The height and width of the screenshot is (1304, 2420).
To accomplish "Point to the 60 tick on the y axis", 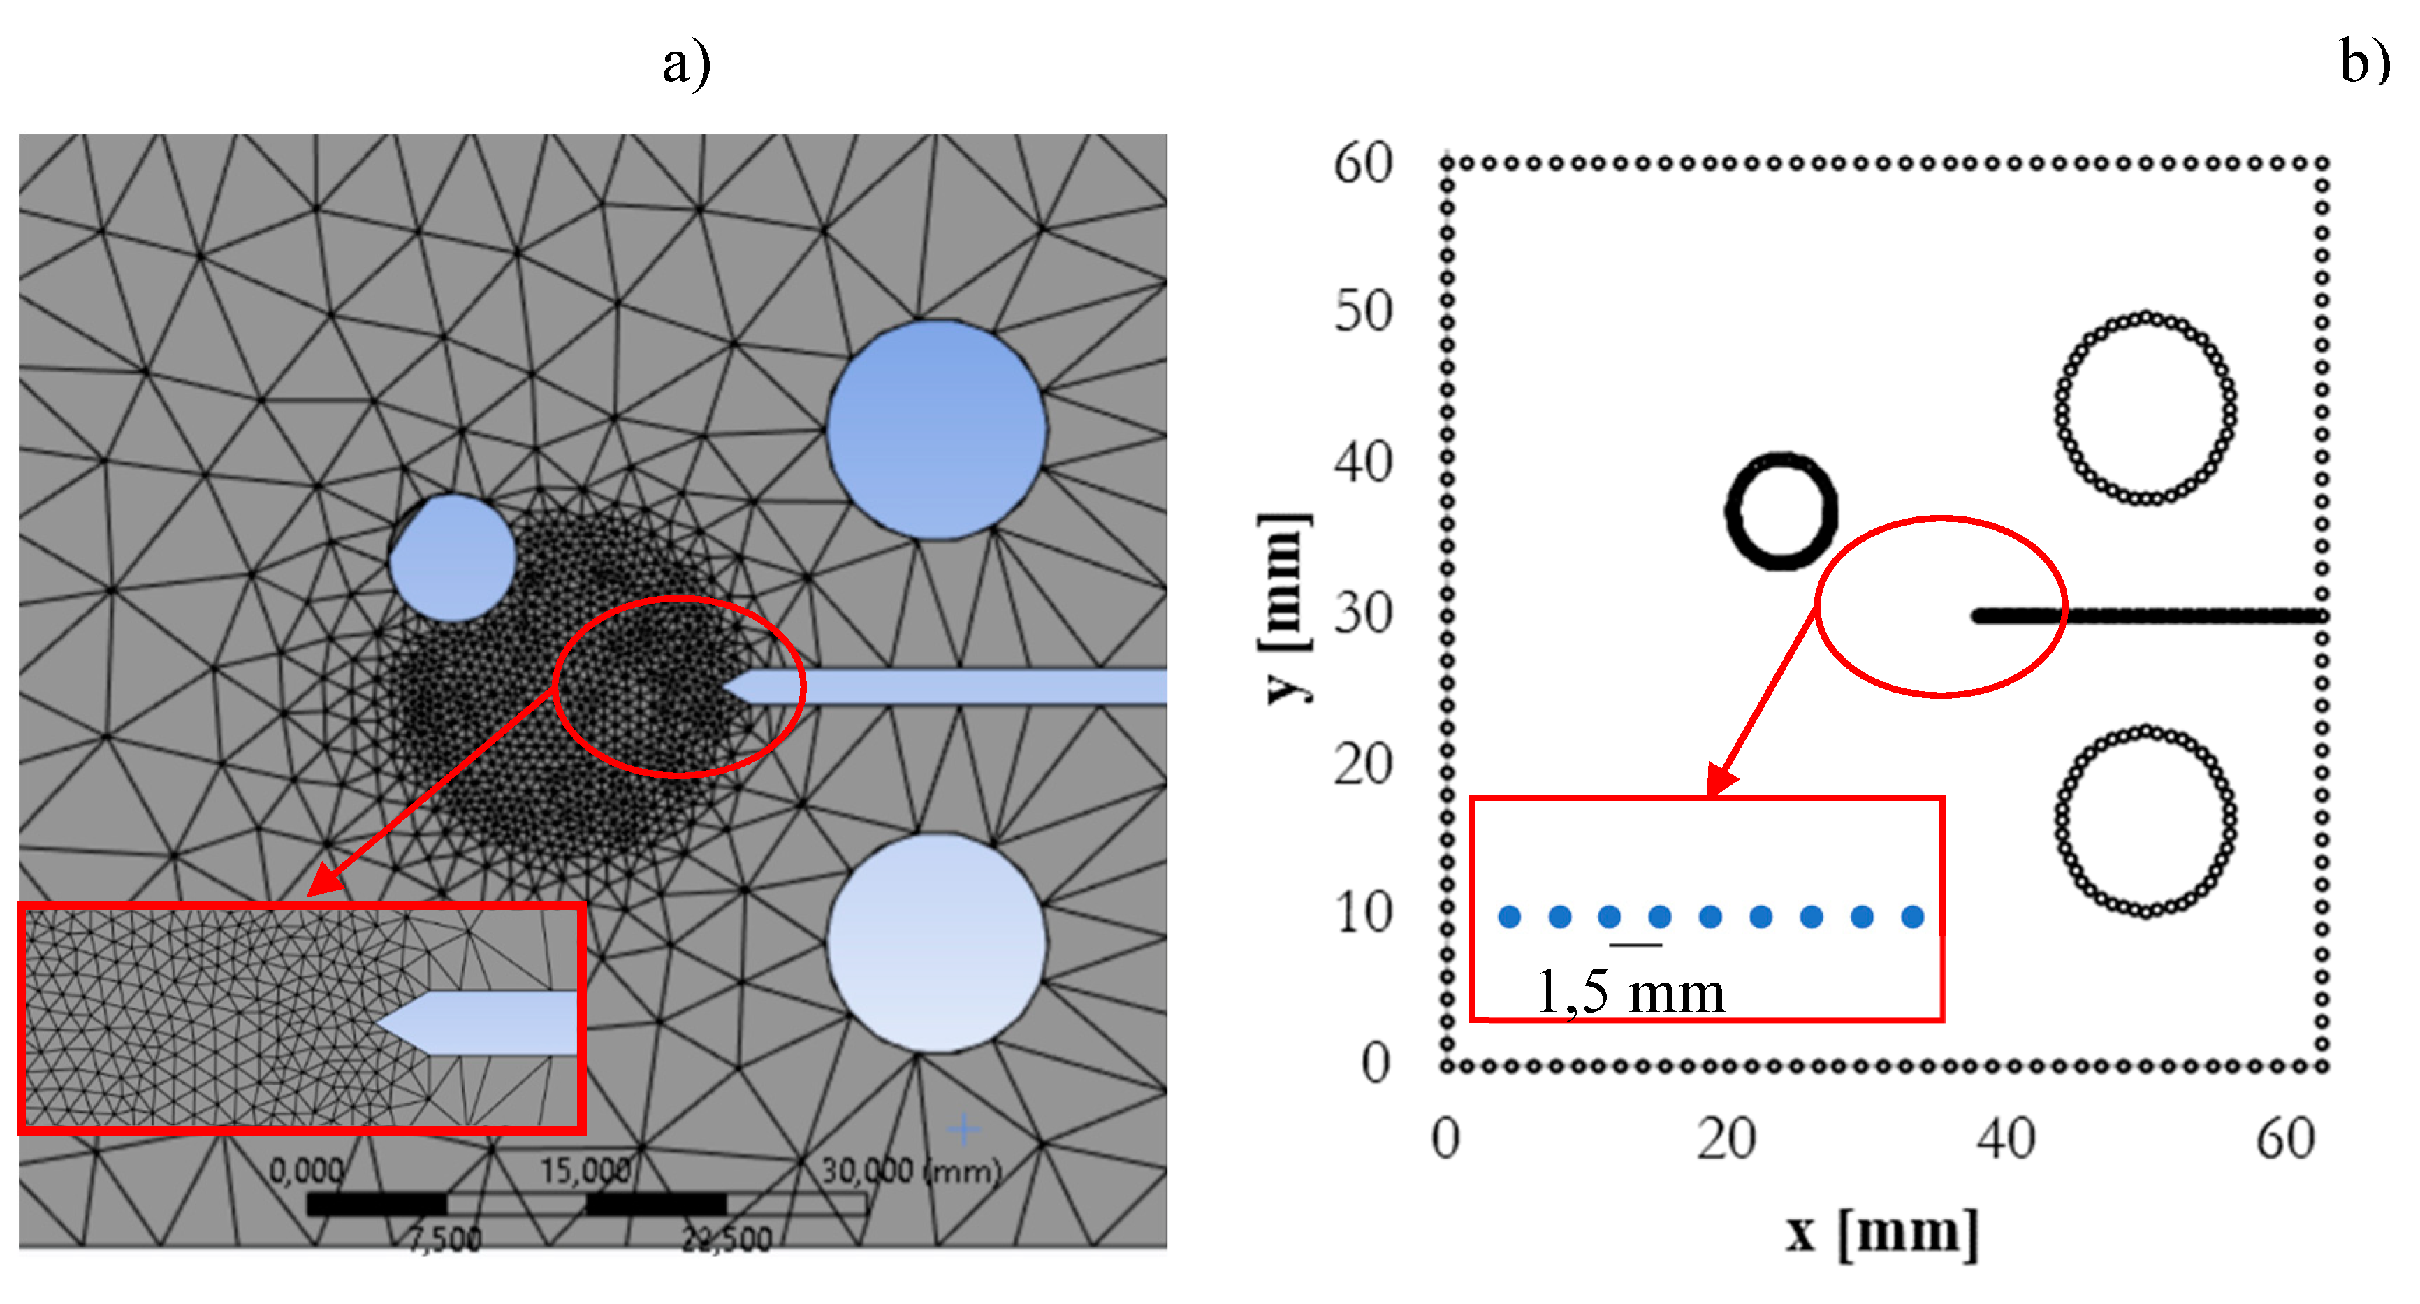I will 1362,164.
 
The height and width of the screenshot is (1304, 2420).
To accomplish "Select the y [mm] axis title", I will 1283,609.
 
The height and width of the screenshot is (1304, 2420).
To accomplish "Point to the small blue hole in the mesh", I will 453,558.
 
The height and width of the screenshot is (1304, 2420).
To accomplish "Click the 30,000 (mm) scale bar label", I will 911,1171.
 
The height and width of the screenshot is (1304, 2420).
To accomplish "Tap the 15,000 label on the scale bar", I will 584,1171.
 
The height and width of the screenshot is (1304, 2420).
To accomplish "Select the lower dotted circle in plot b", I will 2145,820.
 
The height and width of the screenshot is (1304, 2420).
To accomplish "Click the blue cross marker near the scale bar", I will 963,1129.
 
